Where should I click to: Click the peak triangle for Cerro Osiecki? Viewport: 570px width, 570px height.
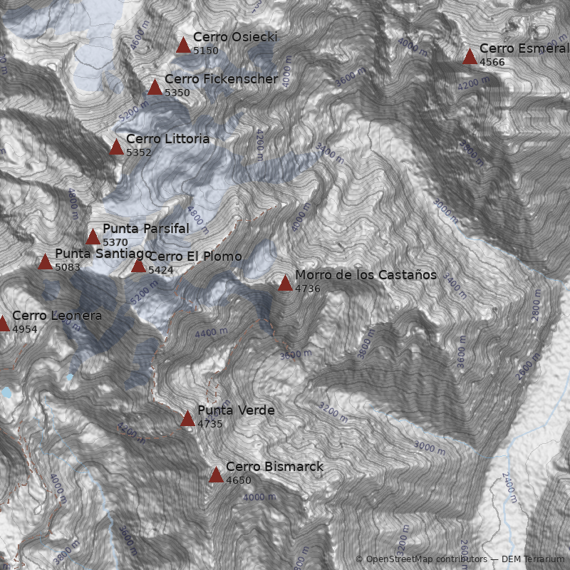tap(183, 46)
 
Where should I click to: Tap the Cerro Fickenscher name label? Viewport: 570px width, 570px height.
tap(221, 79)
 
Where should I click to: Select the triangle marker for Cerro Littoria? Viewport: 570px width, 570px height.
tap(116, 147)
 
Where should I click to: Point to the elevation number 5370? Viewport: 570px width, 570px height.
tap(115, 242)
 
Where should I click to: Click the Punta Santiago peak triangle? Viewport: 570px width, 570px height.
tap(45, 262)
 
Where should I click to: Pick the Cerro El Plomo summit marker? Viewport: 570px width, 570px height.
tap(138, 266)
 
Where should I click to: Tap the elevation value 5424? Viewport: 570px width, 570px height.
tap(161, 270)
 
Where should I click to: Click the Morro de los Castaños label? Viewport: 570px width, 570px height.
tap(366, 275)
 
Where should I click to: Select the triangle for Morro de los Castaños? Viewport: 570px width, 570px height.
tap(285, 284)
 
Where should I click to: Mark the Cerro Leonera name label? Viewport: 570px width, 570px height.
tap(57, 316)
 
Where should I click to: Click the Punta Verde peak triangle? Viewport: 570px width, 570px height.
tap(187, 419)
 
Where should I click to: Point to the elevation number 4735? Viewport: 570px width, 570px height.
tap(210, 424)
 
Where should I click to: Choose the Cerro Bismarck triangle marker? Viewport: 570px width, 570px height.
tap(216, 475)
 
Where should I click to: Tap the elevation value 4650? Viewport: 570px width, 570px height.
tap(239, 480)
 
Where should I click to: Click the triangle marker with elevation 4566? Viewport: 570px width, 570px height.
tap(470, 57)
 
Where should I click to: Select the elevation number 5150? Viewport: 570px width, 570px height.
tap(206, 51)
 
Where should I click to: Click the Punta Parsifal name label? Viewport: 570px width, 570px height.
tap(146, 229)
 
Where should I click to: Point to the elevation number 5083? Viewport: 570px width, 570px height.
tap(68, 267)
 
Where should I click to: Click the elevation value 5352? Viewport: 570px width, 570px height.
tap(139, 152)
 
